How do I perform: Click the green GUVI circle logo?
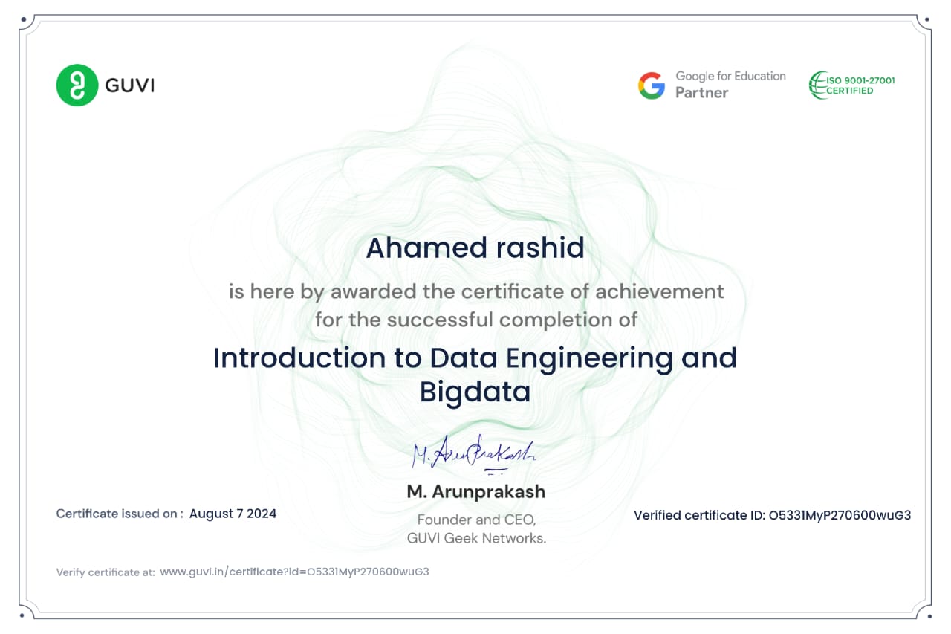77,85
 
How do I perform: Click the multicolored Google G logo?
652,85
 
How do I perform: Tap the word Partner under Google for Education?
702,93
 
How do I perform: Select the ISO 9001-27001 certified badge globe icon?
817,85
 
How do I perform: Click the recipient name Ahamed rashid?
475,248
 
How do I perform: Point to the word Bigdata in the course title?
475,392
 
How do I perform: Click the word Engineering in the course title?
589,359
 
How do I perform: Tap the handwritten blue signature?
473,453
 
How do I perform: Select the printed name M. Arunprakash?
476,492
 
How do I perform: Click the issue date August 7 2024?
233,514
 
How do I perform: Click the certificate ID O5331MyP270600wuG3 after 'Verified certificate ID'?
840,515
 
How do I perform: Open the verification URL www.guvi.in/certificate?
295,572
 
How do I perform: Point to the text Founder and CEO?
476,520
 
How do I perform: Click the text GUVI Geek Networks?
476,538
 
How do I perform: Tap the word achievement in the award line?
659,292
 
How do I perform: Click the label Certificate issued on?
120,514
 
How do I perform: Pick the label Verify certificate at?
106,572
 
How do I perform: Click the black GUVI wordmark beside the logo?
129,85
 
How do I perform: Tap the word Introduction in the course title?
299,358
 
